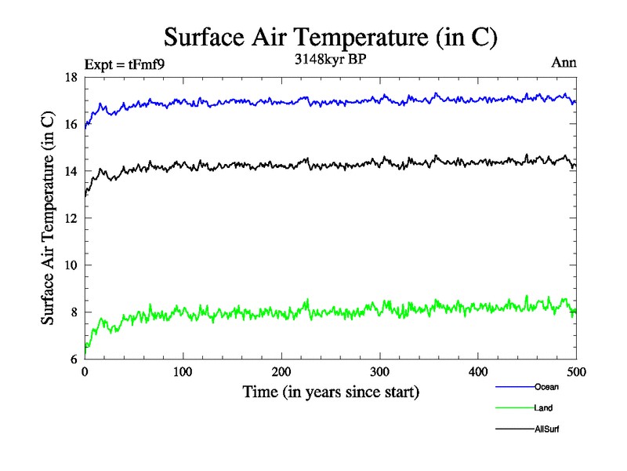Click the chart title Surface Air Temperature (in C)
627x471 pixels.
[330, 38]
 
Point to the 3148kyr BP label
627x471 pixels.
[329, 62]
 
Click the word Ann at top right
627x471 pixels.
[564, 63]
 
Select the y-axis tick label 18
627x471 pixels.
[70, 77]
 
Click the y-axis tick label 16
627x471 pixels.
[70, 124]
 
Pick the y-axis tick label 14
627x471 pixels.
[70, 171]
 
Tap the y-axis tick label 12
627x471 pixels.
[70, 218]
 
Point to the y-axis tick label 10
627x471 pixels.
[70, 265]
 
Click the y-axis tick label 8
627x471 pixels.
[73, 312]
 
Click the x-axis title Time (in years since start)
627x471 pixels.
[330, 391]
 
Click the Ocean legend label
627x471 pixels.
[546, 386]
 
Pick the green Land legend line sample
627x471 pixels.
[514, 407]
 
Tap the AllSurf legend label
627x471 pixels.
[547, 429]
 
